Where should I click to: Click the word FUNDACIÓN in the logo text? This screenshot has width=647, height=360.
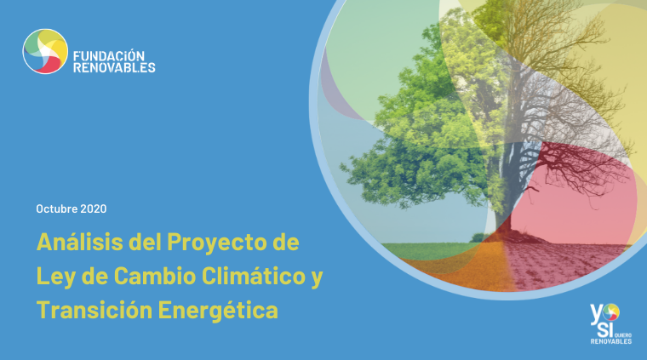(109, 55)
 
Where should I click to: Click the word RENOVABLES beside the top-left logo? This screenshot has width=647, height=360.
(114, 67)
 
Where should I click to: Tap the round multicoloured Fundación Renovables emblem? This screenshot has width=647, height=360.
(45, 51)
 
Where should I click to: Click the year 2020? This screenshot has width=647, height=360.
(94, 209)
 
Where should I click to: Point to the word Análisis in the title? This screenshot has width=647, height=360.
(80, 242)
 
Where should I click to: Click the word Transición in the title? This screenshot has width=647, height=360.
(94, 310)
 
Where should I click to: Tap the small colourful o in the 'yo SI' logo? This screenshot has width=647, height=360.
(611, 311)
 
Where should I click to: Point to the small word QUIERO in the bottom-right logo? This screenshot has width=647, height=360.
(623, 335)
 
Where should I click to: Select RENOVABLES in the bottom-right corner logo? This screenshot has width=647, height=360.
(610, 341)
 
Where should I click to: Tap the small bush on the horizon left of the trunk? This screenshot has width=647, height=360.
(478, 237)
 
